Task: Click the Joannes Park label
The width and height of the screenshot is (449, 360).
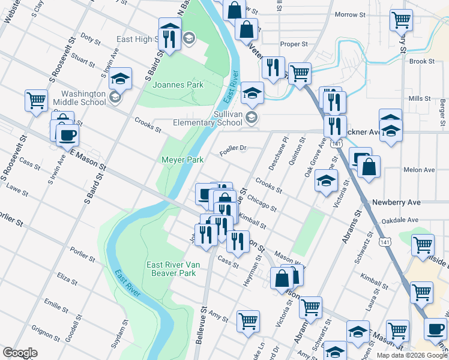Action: (x=178, y=85)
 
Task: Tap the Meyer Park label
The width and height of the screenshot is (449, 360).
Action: (x=182, y=160)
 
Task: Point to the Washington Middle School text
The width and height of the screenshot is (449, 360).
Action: (x=83, y=98)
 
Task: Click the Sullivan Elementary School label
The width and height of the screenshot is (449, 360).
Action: (x=229, y=118)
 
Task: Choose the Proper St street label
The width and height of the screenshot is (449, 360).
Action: (x=294, y=44)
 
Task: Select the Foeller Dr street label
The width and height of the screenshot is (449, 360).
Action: (x=233, y=148)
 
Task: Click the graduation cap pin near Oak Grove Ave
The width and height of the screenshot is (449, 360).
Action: (x=326, y=181)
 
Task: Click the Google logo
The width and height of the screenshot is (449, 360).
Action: (x=20, y=353)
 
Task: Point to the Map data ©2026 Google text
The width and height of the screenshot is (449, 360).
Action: (x=411, y=355)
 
